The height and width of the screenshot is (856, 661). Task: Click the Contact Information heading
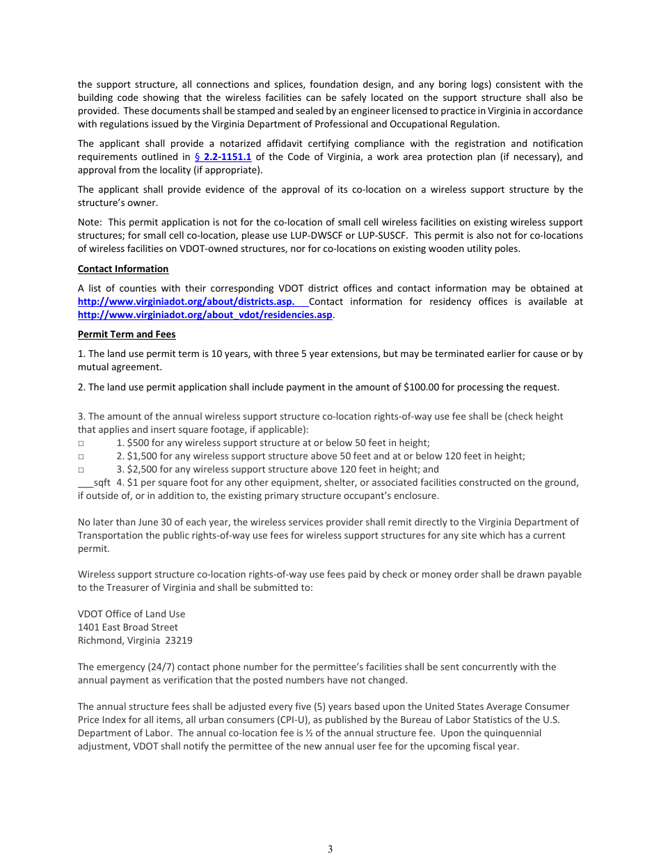[122, 269]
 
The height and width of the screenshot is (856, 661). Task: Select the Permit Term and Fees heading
[126, 334]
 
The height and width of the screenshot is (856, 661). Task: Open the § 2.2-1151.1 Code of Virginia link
[223, 157]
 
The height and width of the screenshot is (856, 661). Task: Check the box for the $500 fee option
[81, 443]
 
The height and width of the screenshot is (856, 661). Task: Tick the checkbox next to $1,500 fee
[81, 457]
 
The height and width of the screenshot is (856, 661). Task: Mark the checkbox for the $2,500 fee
[81, 470]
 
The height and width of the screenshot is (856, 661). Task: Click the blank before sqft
[85, 483]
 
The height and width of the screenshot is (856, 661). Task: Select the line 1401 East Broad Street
[127, 627]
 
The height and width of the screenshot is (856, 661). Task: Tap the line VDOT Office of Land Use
[131, 614]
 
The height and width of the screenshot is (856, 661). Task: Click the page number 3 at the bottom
[330, 848]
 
